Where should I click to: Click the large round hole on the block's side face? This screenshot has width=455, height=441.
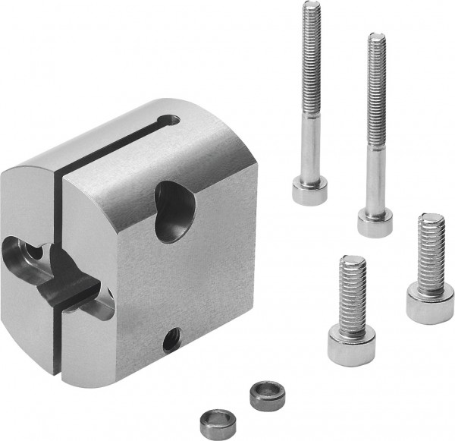point(174,210)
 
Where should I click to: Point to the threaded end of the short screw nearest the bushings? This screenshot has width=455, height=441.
point(352,285)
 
